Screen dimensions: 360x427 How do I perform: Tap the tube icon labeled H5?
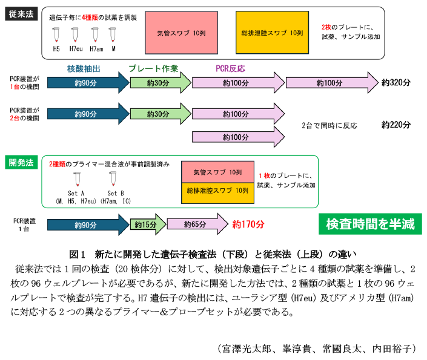pos(56,34)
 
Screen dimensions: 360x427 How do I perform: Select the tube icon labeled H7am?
pos(95,34)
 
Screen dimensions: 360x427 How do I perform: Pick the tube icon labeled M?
pos(113,34)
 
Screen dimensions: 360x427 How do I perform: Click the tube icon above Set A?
pos(78,180)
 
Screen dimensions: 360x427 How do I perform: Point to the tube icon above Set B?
pos(113,180)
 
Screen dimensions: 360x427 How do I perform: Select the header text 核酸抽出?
pos(83,68)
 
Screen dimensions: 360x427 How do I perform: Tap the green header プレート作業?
pos(153,68)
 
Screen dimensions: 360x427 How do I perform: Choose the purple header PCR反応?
pos(230,68)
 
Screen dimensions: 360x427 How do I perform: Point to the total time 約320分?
pos(396,83)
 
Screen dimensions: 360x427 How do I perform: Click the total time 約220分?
pos(396,125)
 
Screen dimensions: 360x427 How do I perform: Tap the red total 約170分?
pos(248,224)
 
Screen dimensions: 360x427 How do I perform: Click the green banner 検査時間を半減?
pos(370,223)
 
